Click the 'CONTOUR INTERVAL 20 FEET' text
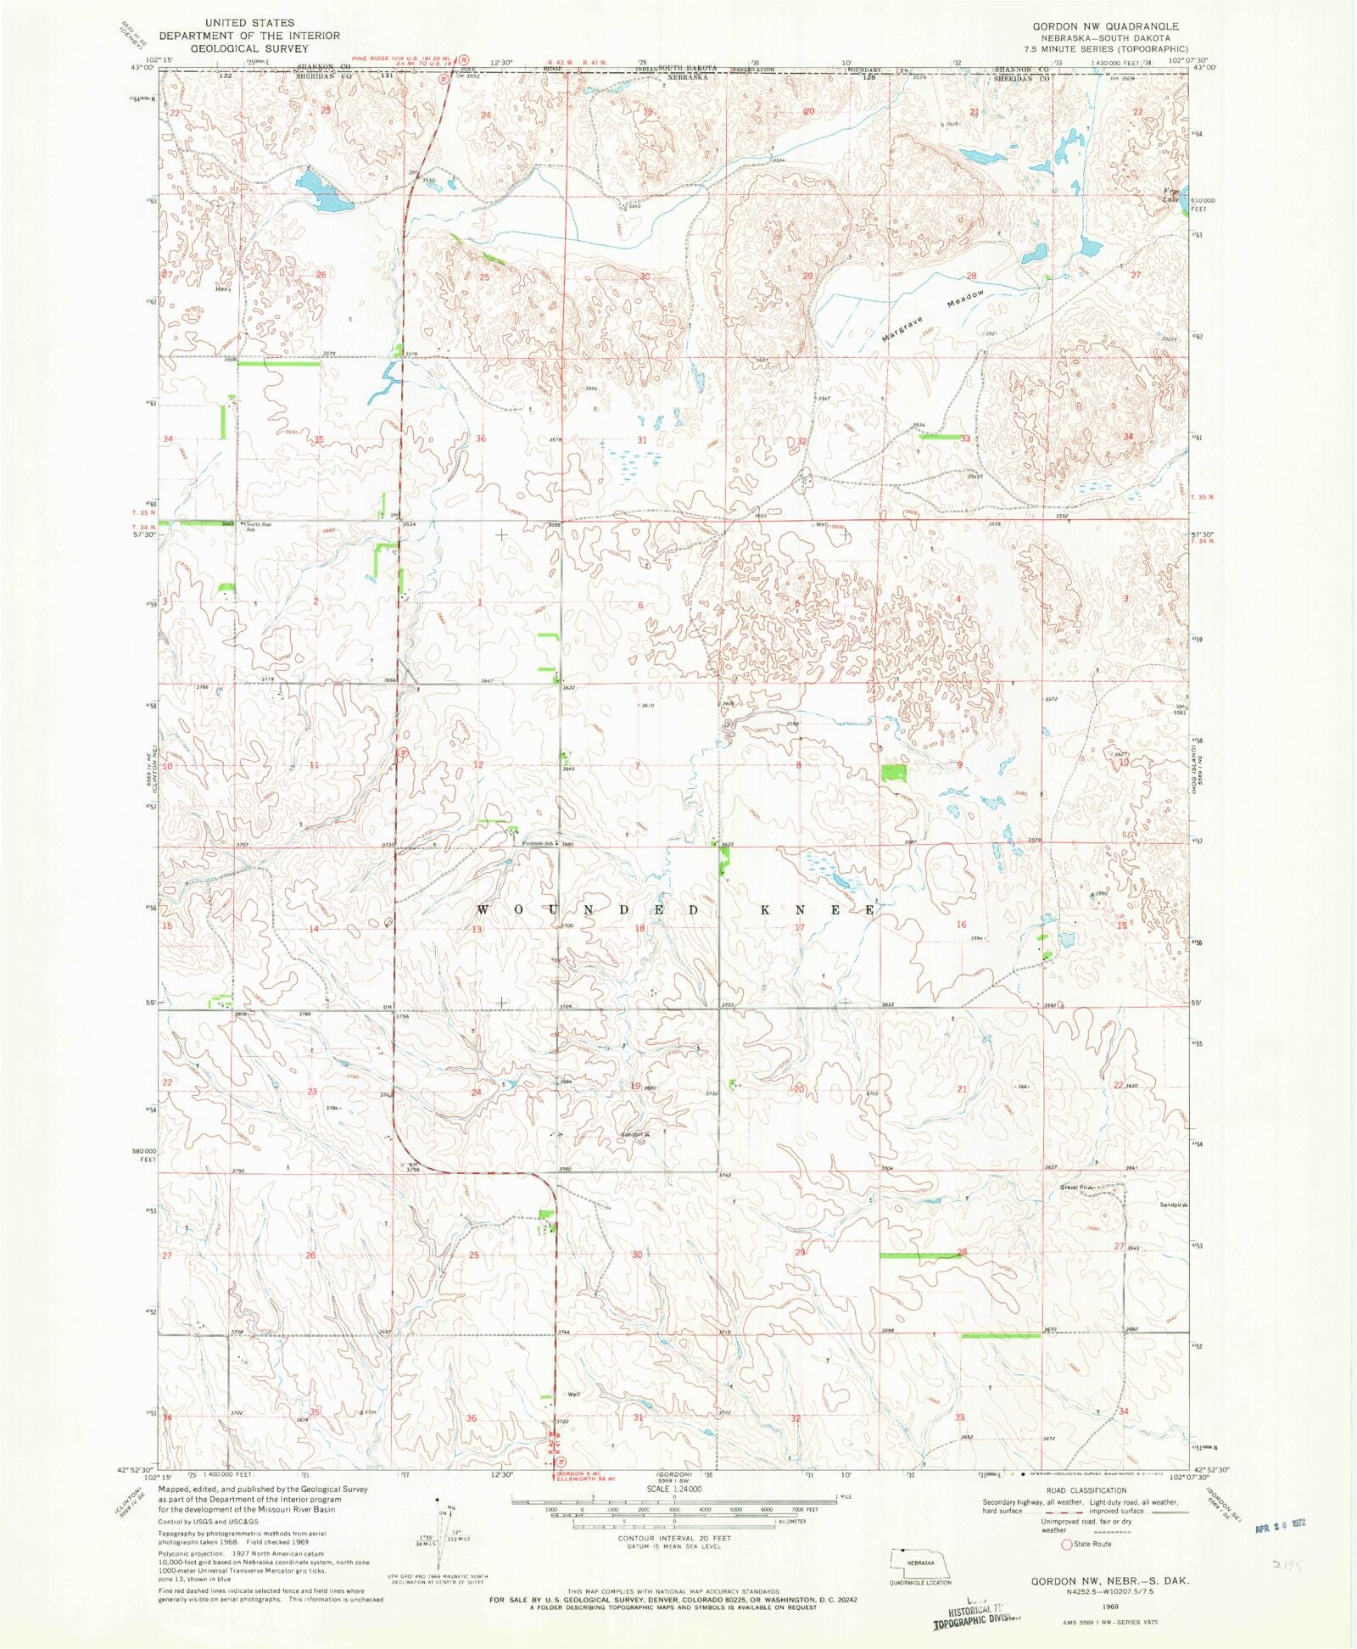tap(674, 1538)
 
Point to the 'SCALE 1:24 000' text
tap(674, 1490)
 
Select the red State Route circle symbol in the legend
tap(1066, 1545)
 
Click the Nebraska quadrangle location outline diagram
tap(920, 1562)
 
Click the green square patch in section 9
tap(893, 772)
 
